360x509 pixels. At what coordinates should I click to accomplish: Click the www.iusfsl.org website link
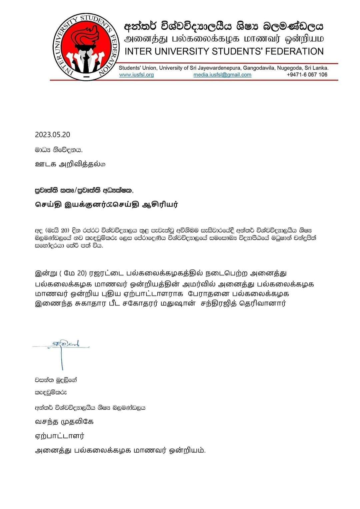click(136, 75)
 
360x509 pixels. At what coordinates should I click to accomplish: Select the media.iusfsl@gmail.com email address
click(222, 75)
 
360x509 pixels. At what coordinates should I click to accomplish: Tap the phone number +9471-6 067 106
click(307, 75)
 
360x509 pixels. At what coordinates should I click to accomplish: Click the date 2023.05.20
click(52, 135)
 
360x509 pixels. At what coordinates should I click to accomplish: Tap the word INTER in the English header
click(138, 51)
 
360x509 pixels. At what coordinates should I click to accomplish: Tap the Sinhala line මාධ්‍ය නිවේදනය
click(59, 150)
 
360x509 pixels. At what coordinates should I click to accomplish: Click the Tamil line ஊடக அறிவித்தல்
click(70, 164)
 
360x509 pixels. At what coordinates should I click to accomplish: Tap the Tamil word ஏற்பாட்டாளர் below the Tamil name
click(60, 436)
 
